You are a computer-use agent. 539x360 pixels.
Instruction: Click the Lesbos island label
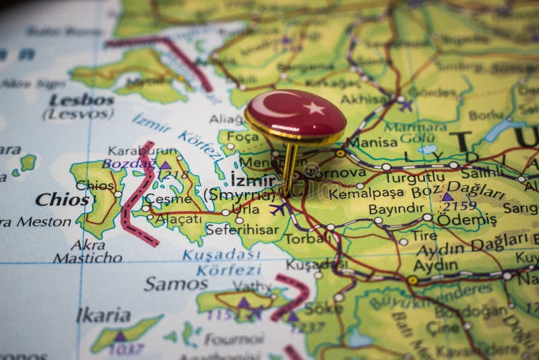click(81, 99)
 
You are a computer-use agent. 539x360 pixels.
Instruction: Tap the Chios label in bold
click(61, 200)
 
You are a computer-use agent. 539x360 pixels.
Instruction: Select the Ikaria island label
click(103, 315)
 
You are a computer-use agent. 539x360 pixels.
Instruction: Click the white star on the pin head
click(313, 108)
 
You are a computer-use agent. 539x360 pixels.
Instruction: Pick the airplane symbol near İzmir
click(278, 208)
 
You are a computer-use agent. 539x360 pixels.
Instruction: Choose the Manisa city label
click(372, 142)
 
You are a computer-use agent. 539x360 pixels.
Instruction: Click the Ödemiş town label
click(466, 220)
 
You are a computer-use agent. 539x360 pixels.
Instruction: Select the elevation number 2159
click(459, 206)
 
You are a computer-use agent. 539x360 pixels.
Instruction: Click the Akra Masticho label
click(88, 251)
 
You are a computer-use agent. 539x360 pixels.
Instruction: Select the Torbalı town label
click(307, 238)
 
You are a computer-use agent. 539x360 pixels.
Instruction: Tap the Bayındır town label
click(395, 209)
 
